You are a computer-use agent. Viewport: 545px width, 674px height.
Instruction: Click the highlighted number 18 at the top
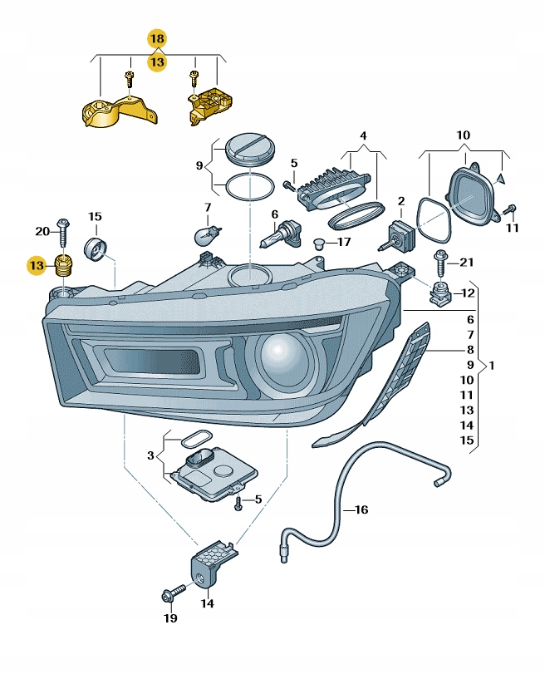157,38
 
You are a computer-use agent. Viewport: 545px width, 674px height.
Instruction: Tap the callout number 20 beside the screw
42,230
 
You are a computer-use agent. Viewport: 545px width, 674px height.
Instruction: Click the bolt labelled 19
172,595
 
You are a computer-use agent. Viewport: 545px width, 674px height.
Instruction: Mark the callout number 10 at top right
463,135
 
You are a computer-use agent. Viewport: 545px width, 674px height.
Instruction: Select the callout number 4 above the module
362,135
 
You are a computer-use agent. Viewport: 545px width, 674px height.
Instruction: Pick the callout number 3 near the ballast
150,455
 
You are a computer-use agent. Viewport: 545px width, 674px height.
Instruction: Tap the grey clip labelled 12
440,292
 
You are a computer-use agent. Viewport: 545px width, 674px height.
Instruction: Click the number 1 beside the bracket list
492,365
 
